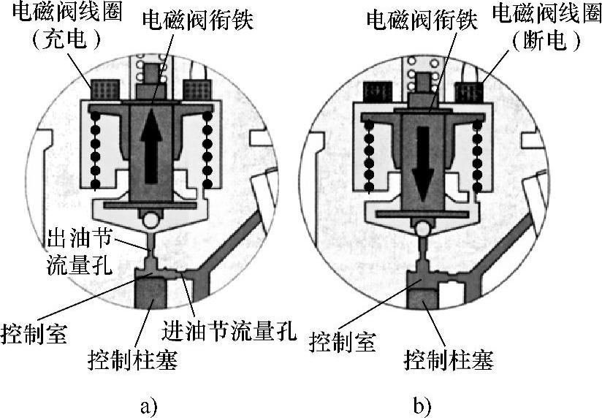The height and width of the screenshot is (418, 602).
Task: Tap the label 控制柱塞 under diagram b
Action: coord(449,360)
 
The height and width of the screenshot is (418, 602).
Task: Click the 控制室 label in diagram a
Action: coord(34,332)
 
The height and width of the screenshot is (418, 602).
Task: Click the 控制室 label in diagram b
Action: coord(343,341)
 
